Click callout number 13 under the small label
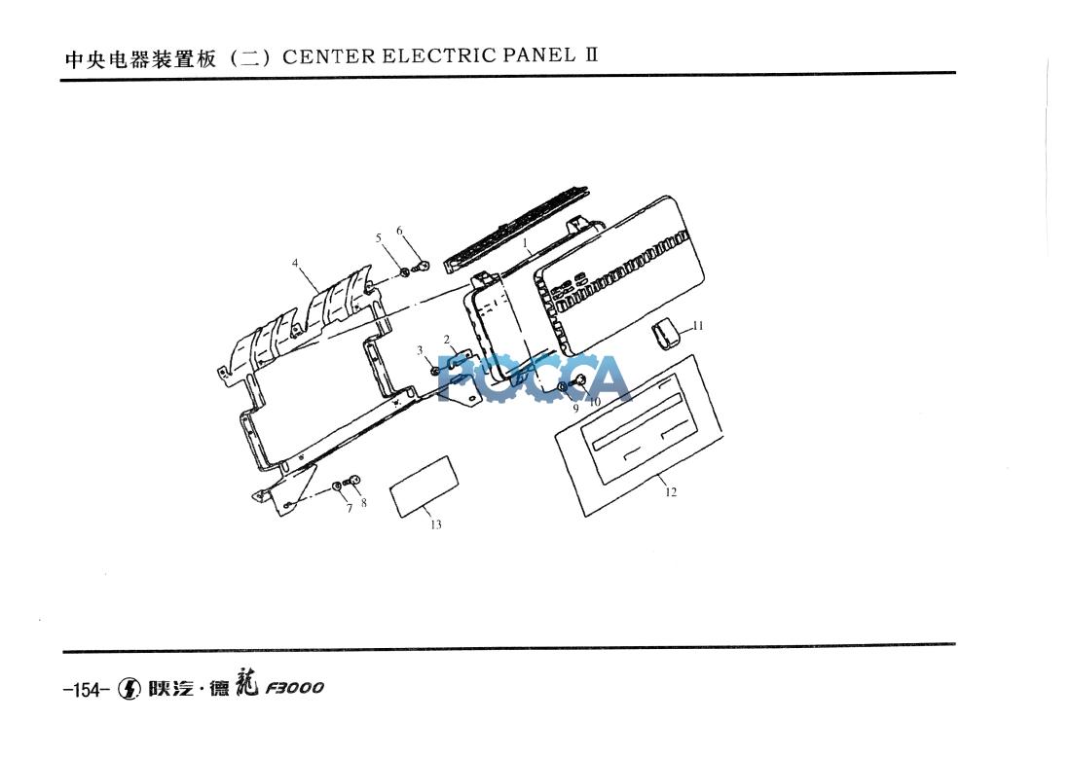(436, 524)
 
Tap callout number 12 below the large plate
(671, 492)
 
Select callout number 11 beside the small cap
(697, 325)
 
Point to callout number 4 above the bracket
(294, 262)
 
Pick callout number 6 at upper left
(399, 231)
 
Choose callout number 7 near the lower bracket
(349, 509)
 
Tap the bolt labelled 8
(354, 479)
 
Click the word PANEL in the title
(541, 54)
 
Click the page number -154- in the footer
(85, 690)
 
